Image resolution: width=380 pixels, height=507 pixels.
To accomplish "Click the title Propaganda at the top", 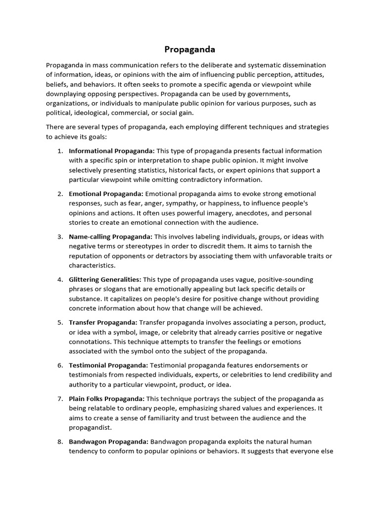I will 190,50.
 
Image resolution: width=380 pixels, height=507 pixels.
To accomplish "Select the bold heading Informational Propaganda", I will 112,151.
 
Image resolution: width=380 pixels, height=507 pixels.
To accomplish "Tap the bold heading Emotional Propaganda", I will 106,194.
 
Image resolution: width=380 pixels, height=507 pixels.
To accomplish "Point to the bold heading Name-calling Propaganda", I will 110,237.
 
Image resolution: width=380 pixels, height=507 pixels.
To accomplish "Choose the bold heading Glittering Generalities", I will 105,280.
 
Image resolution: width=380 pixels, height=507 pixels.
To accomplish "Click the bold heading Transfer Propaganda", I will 103,322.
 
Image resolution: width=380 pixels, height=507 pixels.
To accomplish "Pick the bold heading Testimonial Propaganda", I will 108,365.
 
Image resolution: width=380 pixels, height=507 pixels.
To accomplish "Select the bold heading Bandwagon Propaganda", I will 108,441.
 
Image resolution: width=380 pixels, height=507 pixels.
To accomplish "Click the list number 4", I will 59,280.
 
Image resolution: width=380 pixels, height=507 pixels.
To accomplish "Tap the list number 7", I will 59,399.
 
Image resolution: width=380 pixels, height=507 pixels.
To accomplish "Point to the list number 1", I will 59,151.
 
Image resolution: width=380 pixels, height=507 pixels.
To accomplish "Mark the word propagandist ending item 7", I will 90,427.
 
